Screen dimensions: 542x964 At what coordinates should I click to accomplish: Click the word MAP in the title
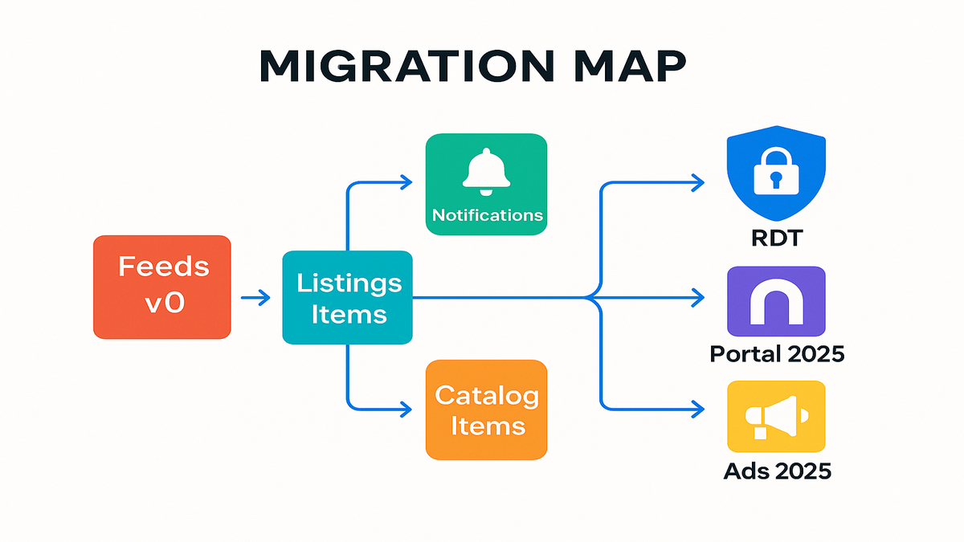click(x=622, y=68)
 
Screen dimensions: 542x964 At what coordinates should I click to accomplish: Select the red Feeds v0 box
click(x=162, y=287)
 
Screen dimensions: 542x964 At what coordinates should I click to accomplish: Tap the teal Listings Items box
click(x=347, y=298)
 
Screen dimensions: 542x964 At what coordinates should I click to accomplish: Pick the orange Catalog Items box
click(x=486, y=410)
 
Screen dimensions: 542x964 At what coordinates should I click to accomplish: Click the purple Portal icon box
click(x=776, y=301)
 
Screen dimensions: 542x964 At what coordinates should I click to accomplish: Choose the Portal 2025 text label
click(x=777, y=353)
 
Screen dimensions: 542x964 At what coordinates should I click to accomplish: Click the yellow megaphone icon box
click(x=776, y=417)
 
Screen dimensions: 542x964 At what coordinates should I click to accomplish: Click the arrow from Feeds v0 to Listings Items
click(x=255, y=299)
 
